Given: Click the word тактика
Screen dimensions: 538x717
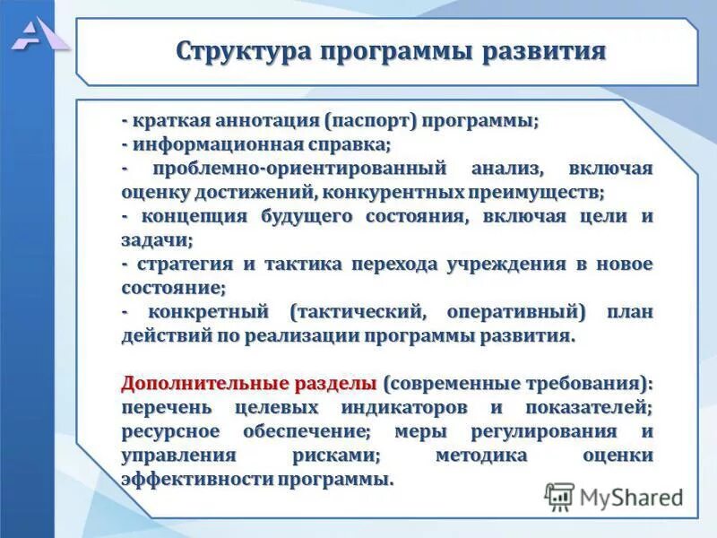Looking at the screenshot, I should pyautogui.click(x=299, y=265).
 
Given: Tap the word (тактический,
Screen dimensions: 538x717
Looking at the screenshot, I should pyautogui.click(x=350, y=313).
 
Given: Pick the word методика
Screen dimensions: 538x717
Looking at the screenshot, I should pyautogui.click(x=482, y=456).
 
